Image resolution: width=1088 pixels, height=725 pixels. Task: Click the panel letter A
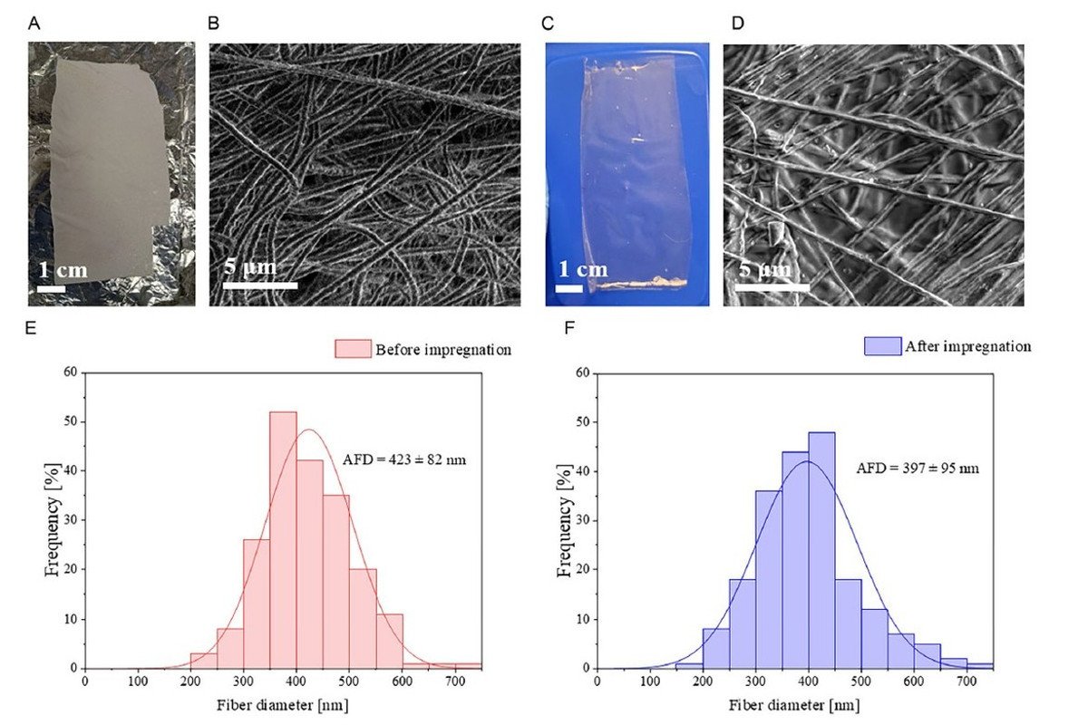[x=34, y=24]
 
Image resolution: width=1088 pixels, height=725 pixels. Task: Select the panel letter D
[x=737, y=24]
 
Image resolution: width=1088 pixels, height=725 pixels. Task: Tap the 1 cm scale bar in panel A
[x=52, y=289]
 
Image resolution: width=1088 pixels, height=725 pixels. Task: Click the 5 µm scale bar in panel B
[x=260, y=285]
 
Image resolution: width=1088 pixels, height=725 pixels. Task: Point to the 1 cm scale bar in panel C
[x=568, y=289]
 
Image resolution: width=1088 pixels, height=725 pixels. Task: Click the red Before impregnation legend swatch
[x=353, y=350]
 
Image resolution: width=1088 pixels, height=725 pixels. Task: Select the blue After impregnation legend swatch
[x=883, y=346]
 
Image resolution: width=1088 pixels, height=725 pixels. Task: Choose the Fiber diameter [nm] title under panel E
[x=283, y=704]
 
